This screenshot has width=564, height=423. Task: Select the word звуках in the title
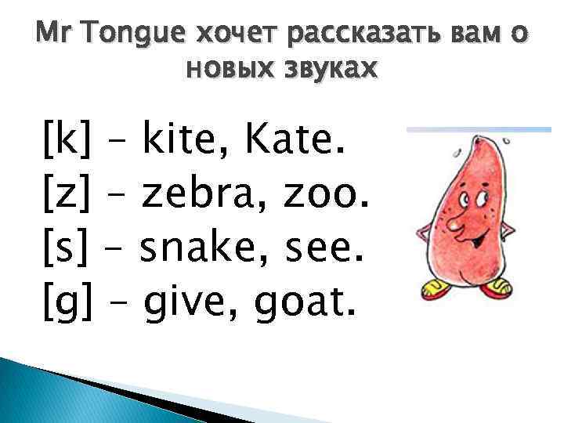tap(333, 70)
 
